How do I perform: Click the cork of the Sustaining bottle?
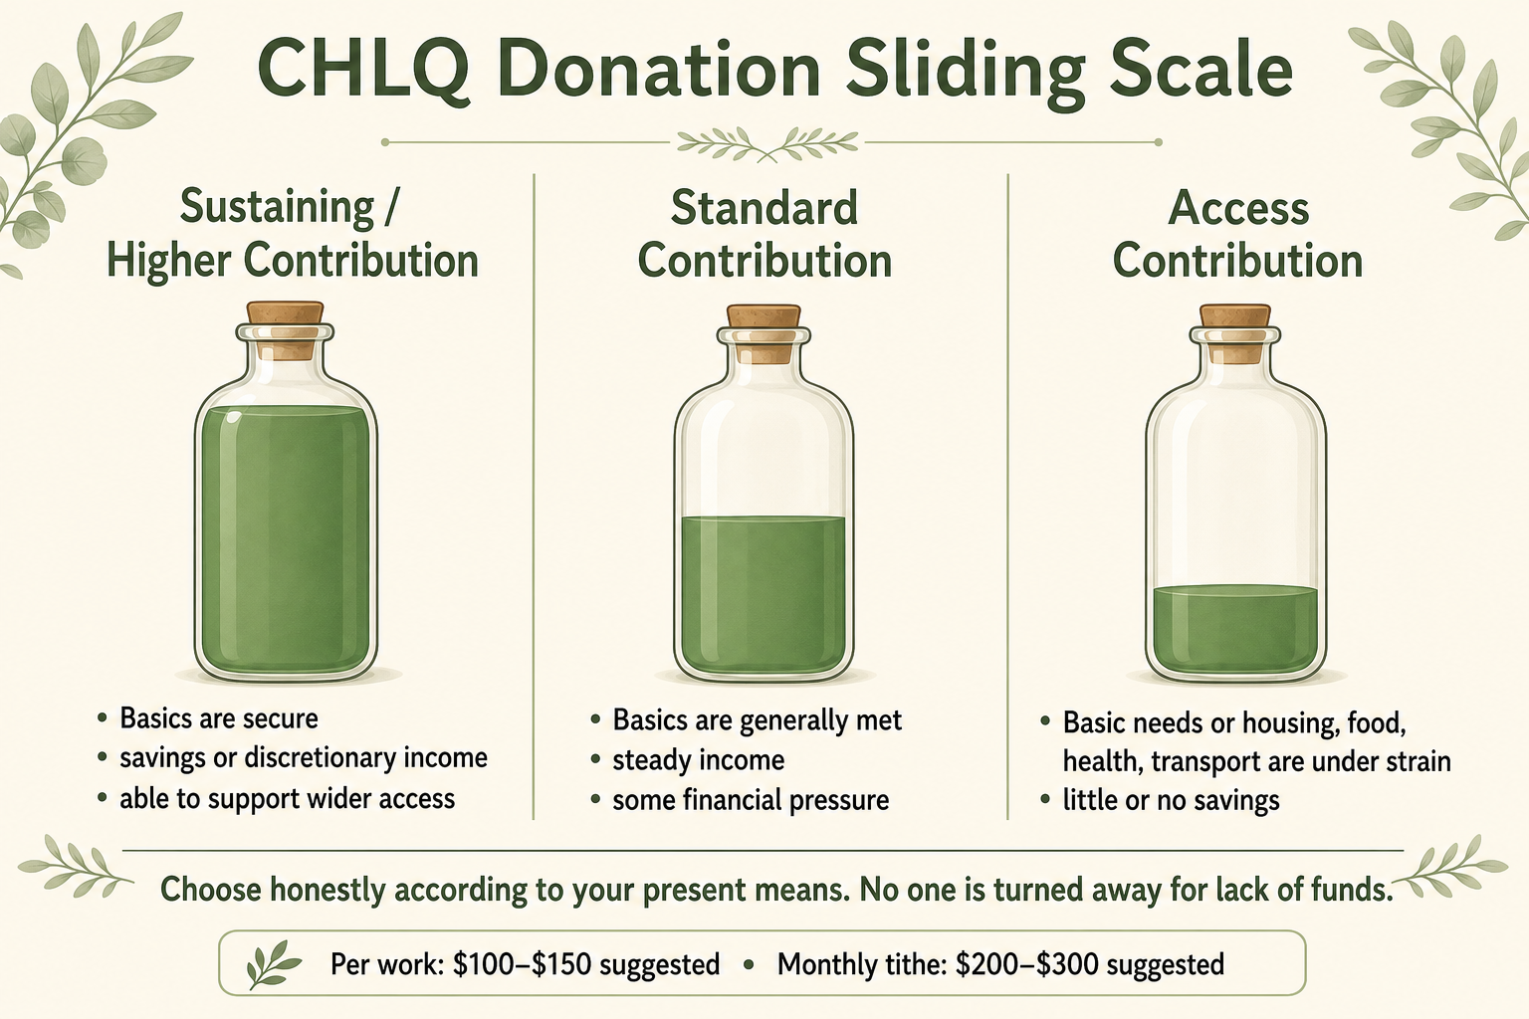286,329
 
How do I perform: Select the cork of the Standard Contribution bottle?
764,333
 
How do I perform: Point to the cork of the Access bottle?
1235,333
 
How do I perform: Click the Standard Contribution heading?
764,234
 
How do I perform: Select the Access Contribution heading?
1237,234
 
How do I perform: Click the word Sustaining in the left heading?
278,208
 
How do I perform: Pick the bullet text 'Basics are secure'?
219,718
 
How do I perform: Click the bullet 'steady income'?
698,760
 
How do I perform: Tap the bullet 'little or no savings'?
1171,800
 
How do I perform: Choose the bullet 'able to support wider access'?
288,798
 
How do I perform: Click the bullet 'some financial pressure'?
751,800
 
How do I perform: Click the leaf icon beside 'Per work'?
273,964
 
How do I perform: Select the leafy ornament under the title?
767,144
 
